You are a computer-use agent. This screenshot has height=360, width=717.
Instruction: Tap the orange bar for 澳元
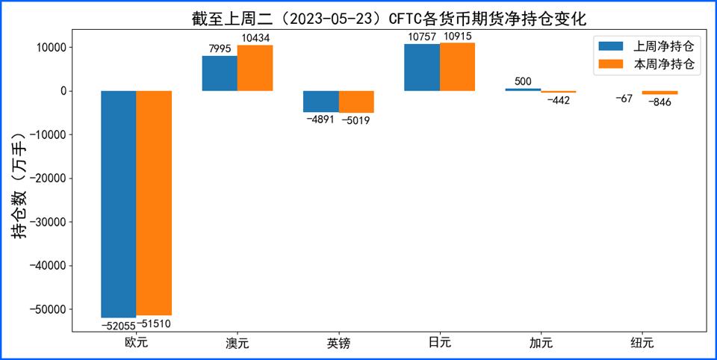pyautogui.click(x=255, y=68)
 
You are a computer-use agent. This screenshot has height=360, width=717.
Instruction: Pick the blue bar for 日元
pyautogui.click(x=422, y=67)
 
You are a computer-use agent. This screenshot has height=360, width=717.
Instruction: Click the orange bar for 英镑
pyautogui.click(x=356, y=102)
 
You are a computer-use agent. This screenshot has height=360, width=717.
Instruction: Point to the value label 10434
pyautogui.click(x=255, y=38)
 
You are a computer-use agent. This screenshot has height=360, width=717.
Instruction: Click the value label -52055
pyautogui.click(x=119, y=325)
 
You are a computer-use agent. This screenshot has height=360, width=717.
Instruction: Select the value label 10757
pyautogui.click(x=422, y=37)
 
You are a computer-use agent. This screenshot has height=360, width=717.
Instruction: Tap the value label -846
pyautogui.click(x=659, y=102)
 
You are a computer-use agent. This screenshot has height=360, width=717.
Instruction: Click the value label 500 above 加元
pyautogui.click(x=523, y=81)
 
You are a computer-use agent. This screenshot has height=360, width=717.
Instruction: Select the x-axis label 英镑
pyautogui.click(x=338, y=344)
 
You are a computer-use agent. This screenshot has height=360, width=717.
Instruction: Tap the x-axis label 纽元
pyautogui.click(x=642, y=344)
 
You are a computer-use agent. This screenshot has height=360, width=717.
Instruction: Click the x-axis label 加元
pyautogui.click(x=541, y=344)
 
